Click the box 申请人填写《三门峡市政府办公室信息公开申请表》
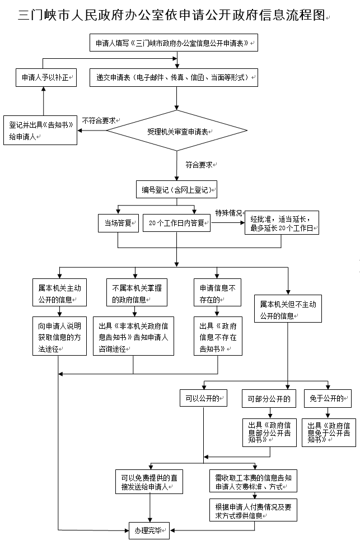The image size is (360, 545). coord(174,43)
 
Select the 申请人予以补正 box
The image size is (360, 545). coord(45,77)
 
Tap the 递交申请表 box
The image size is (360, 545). coord(174,77)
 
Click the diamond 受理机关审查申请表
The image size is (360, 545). coord(177,131)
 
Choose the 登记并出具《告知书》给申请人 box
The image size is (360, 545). coord(40,131)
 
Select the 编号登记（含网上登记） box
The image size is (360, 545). coord(176,190)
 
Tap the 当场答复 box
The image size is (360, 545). coord(118,222)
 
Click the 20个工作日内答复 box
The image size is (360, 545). coord(176,223)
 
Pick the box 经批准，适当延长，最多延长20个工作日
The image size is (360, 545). coord(282,222)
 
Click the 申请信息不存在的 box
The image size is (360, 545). coord(218,292)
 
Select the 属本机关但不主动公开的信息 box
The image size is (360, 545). coord(288,309)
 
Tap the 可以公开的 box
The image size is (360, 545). coord(202,398)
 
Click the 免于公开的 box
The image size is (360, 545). coord(328,398)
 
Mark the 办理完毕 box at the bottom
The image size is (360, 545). coord(148,529)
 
